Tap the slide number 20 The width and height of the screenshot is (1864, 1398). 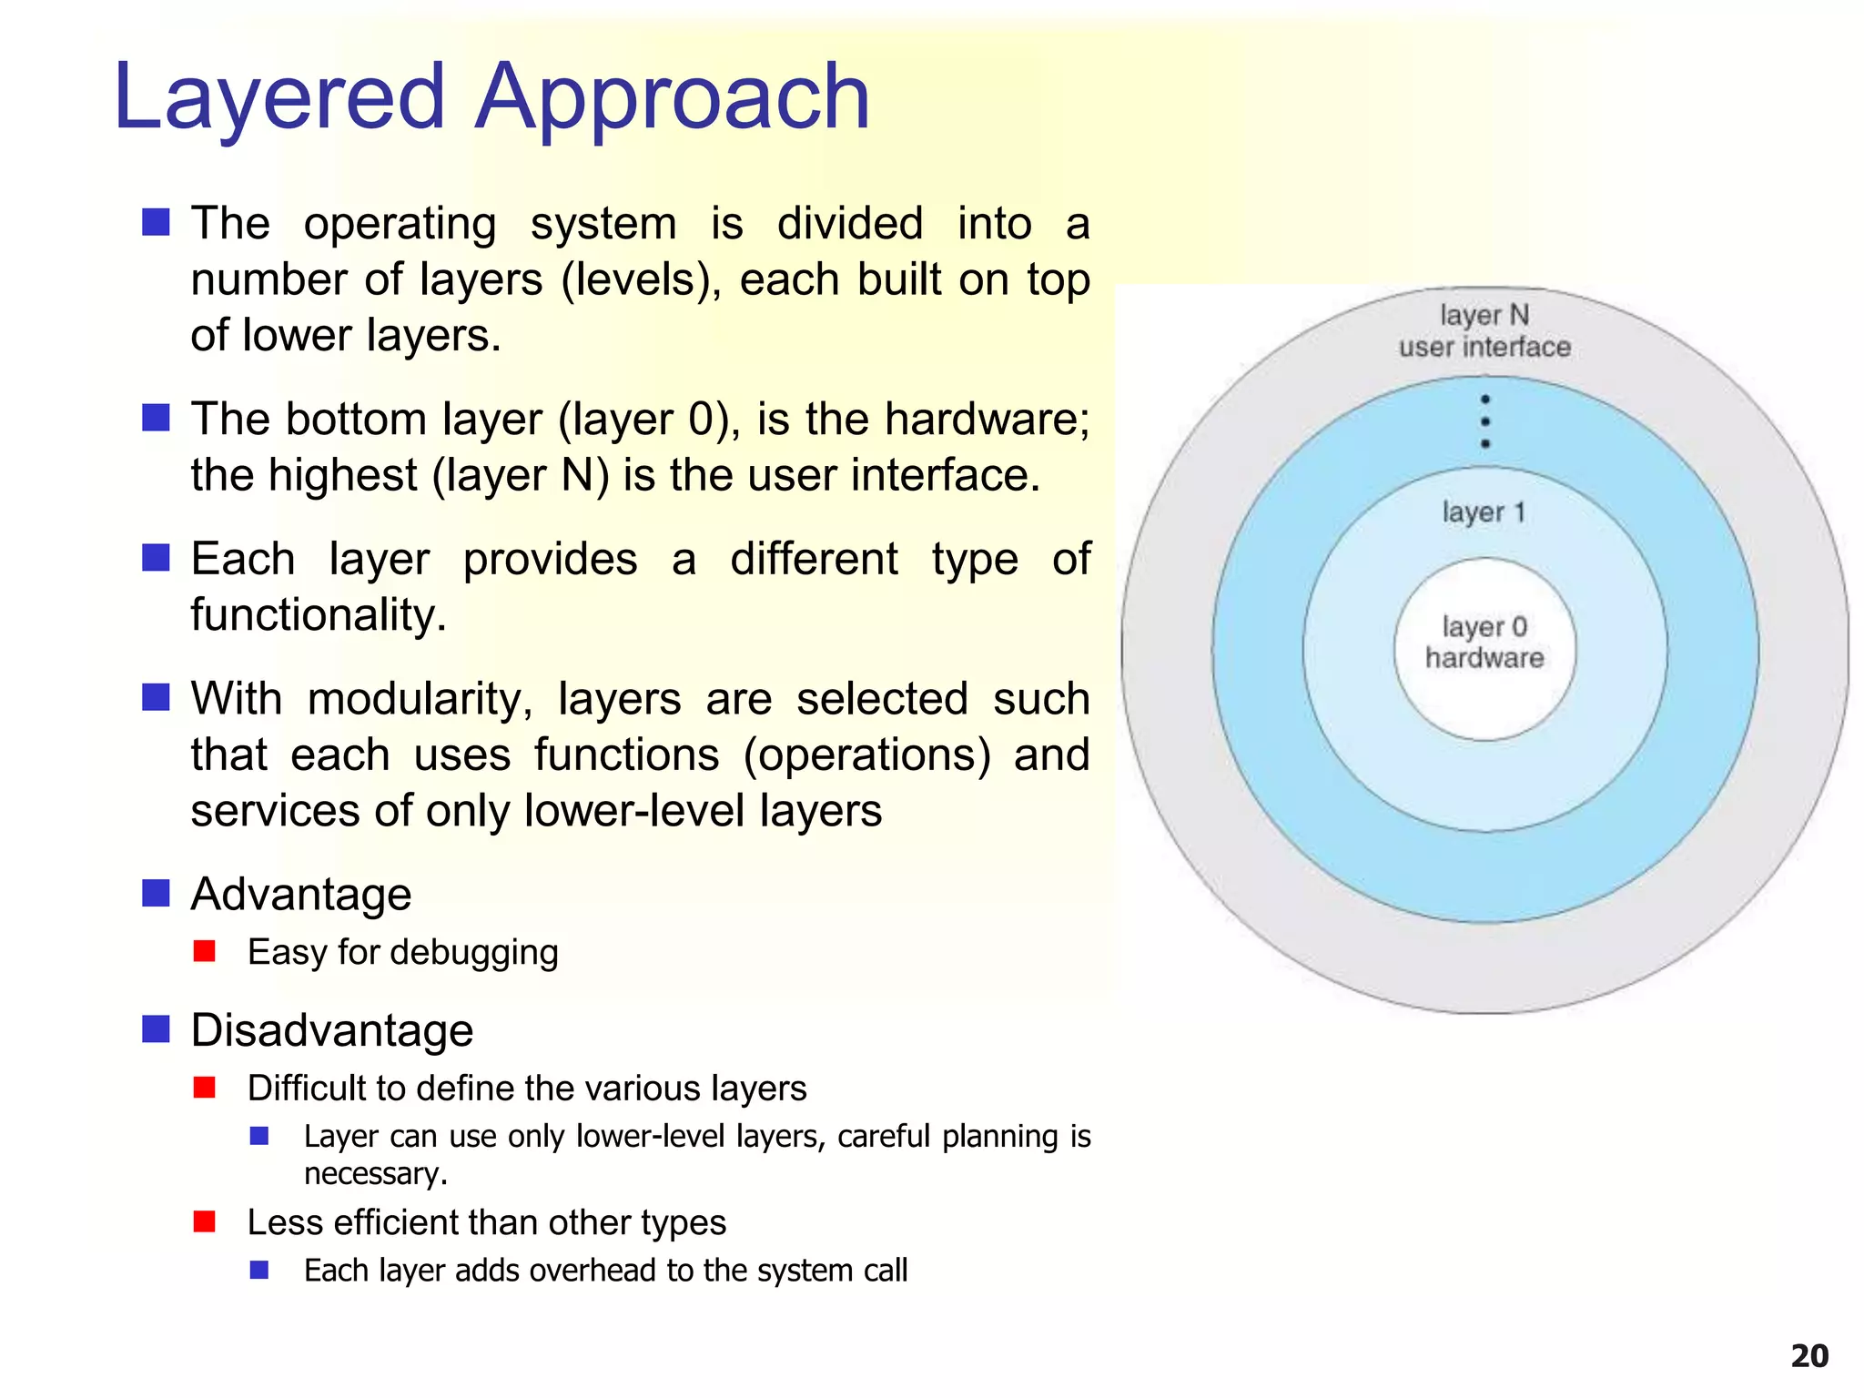(x=1809, y=1356)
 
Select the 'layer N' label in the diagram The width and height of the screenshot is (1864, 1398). (x=1484, y=315)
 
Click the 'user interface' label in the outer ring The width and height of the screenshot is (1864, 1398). (x=1484, y=347)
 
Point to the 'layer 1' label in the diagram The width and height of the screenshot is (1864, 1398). (x=1484, y=512)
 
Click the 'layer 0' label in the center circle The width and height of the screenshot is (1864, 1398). (x=1484, y=627)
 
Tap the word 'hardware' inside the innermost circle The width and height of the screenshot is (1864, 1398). (x=1484, y=657)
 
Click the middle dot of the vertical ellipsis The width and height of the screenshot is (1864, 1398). (x=1485, y=421)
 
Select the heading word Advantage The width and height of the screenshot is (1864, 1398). (x=301, y=894)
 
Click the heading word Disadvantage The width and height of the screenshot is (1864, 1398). (x=332, y=1030)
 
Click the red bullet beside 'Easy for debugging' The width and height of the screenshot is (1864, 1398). (x=205, y=951)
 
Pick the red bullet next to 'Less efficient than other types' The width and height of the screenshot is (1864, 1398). (x=205, y=1221)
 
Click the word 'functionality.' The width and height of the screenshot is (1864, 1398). (x=319, y=615)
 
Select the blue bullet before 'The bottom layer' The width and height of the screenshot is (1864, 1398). (x=157, y=419)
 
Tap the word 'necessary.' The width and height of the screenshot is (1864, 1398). (x=376, y=1174)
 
